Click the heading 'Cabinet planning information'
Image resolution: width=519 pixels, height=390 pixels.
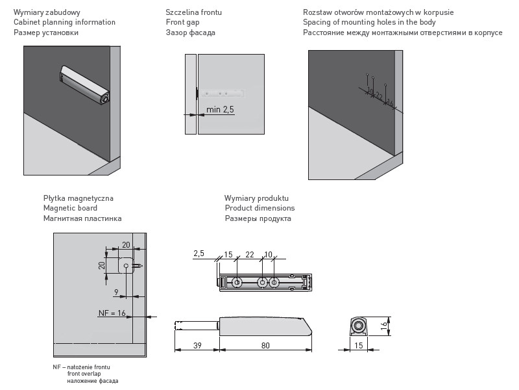pos(64,22)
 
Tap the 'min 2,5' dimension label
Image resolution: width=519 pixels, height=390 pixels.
pos(220,109)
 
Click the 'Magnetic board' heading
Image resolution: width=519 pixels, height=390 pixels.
pos(70,208)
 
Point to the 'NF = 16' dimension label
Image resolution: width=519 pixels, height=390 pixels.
pos(112,313)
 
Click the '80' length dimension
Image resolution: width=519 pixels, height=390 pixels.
pos(265,345)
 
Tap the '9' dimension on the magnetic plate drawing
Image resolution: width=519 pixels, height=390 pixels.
pos(116,292)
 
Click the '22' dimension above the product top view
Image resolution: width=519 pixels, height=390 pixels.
pos(250,254)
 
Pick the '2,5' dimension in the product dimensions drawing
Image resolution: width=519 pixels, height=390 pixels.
pos(199,253)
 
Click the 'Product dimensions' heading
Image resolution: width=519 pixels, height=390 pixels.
pos(259,208)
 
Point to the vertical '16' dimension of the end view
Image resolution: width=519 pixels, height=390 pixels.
pos(383,325)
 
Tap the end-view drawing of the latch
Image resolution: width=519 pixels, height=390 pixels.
pos(357,326)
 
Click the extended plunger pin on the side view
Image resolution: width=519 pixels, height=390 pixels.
pos(196,324)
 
